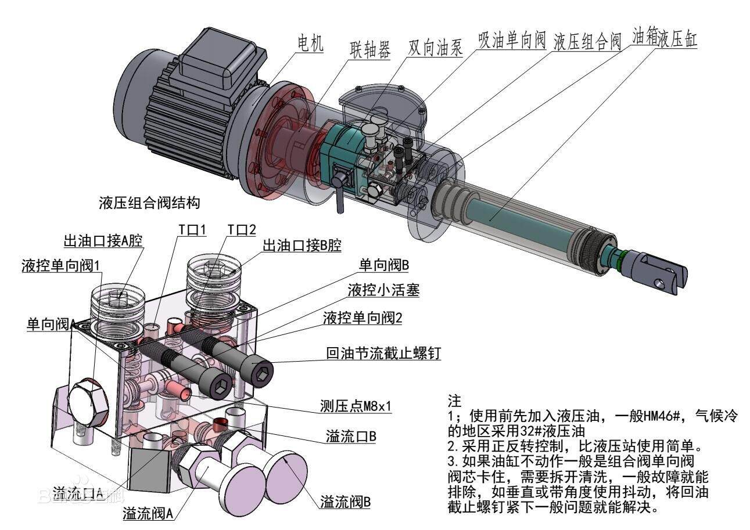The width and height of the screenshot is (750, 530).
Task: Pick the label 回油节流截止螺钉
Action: (383, 353)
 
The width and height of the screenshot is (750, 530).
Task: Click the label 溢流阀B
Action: (345, 502)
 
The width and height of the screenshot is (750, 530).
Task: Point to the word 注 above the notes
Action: (454, 401)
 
